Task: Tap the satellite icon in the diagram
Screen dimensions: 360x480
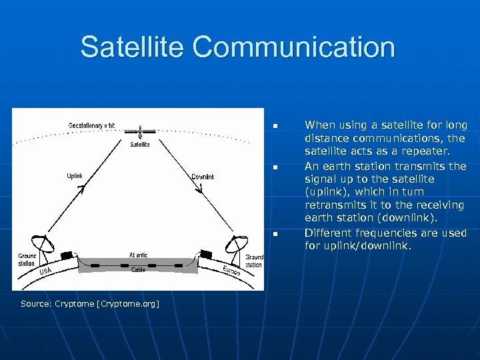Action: coord(140,131)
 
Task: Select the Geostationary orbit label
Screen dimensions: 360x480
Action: coord(92,125)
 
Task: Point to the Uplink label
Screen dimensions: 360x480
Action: coord(75,176)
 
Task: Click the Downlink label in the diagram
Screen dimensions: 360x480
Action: coord(203,177)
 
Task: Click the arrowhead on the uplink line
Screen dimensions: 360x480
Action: coord(82,190)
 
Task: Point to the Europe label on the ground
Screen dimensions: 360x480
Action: coord(231,272)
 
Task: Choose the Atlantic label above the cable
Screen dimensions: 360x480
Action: coord(139,255)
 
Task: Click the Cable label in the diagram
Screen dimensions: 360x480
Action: coord(138,270)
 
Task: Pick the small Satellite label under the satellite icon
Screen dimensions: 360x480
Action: coord(140,144)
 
